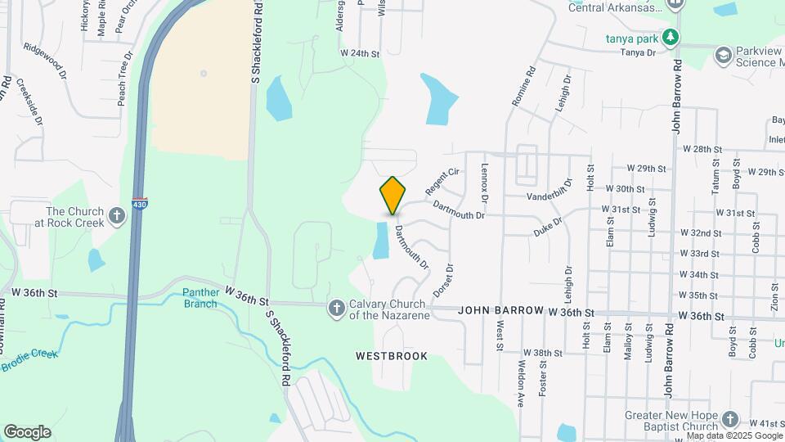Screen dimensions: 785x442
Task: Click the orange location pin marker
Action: (393, 196)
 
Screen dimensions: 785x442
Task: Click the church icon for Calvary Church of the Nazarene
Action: (336, 308)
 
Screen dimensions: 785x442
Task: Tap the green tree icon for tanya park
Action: (671, 37)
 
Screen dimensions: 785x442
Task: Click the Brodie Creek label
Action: (29, 361)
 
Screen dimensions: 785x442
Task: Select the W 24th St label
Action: (361, 53)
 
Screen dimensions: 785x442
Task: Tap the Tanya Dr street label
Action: (639, 52)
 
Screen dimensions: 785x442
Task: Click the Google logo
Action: (26, 432)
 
